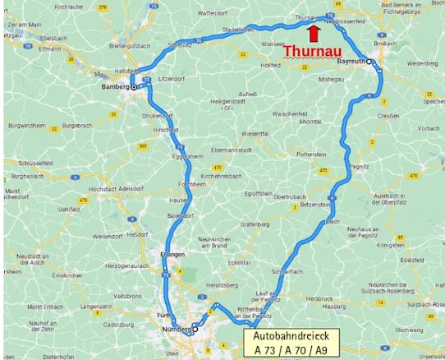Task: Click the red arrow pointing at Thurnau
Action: pyautogui.click(x=313, y=32)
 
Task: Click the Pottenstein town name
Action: pyautogui.click(x=311, y=154)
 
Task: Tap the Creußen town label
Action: pyautogui.click(x=388, y=117)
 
